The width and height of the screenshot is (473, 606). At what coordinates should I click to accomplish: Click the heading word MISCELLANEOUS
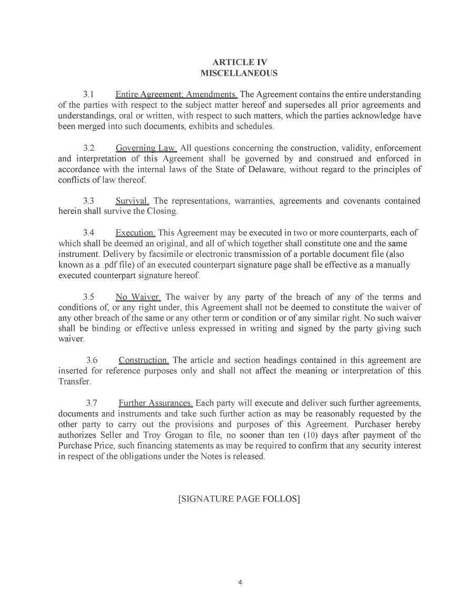(x=239, y=73)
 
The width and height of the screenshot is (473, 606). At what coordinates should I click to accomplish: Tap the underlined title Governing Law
(x=146, y=148)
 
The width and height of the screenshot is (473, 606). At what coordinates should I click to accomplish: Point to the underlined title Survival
(x=132, y=201)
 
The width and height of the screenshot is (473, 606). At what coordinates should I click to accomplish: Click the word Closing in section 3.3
(x=163, y=212)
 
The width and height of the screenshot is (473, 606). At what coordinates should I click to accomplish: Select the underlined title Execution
(x=135, y=233)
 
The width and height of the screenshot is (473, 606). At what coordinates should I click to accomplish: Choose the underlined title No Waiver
(x=138, y=297)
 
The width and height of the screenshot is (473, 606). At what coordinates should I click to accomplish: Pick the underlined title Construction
(x=143, y=361)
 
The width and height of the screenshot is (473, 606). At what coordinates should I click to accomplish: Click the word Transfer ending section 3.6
(x=74, y=382)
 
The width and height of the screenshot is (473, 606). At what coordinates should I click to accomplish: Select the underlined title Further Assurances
(x=156, y=403)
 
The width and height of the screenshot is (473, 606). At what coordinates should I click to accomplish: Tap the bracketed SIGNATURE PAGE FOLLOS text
(x=239, y=499)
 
